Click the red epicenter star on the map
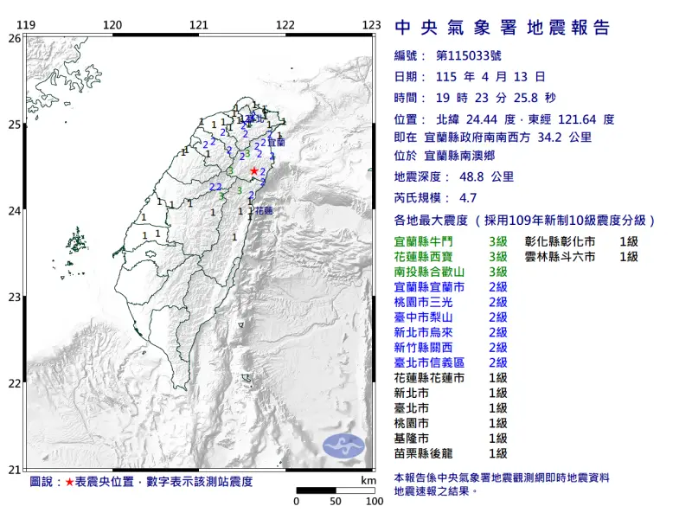tap(253, 171)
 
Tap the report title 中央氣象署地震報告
tap(502, 28)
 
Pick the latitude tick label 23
tap(14, 298)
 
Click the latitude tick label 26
tap(14, 38)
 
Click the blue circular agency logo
tap(343, 445)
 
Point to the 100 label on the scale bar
tap(374, 501)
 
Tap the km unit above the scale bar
tap(368, 480)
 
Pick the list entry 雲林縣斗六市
tap(560, 257)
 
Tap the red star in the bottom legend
tap(69, 481)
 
